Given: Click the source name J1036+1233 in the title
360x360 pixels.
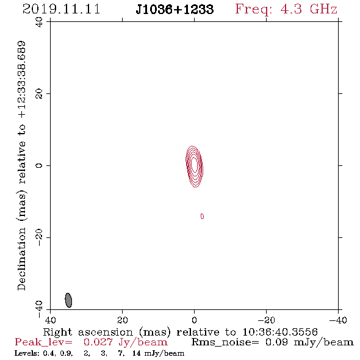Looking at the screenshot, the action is (x=175, y=9).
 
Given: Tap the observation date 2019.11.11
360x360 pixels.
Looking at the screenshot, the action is (x=62, y=9).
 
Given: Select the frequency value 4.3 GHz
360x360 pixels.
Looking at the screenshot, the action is (x=309, y=9).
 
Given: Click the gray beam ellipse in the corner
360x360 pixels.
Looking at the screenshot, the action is (x=68, y=300).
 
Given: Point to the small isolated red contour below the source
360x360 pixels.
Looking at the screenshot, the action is (x=202, y=216).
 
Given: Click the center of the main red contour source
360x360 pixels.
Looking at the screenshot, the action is (x=194, y=166).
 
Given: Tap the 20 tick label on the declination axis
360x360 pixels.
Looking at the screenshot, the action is (x=39, y=94).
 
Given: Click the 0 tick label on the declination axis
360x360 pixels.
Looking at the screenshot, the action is (x=39, y=165).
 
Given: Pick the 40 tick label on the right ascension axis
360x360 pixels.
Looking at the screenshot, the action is (x=50, y=320).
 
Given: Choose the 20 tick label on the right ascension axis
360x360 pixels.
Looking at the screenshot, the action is (x=122, y=320).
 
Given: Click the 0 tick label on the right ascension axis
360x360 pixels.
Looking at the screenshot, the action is (x=194, y=320).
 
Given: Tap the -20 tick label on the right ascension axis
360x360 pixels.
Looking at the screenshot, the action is (x=266, y=320).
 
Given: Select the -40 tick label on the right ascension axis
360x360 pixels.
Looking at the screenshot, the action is (x=338, y=320).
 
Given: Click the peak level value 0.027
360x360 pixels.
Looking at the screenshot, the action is (x=98, y=342).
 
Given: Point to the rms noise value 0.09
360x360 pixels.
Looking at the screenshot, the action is (x=276, y=342).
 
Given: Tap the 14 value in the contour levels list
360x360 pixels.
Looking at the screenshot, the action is (x=137, y=353).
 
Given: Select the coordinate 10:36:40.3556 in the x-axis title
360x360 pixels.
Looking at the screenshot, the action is (x=280, y=332).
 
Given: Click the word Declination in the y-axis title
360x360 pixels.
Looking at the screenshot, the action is (x=21, y=259).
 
